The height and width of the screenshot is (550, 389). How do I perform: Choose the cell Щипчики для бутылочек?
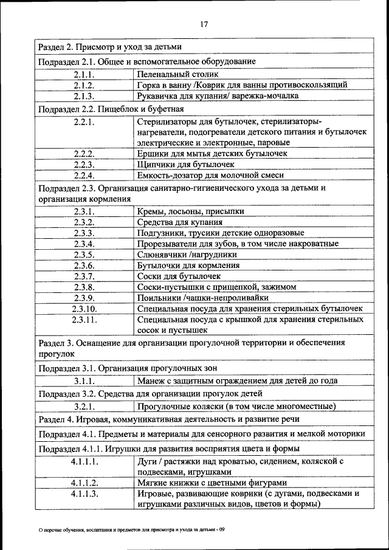pos(185,164)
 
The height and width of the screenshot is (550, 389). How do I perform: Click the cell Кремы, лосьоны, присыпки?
pos(191,211)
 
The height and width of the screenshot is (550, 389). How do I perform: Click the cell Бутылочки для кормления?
pos(188,266)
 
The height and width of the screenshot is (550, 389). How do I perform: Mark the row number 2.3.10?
pos(84,309)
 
